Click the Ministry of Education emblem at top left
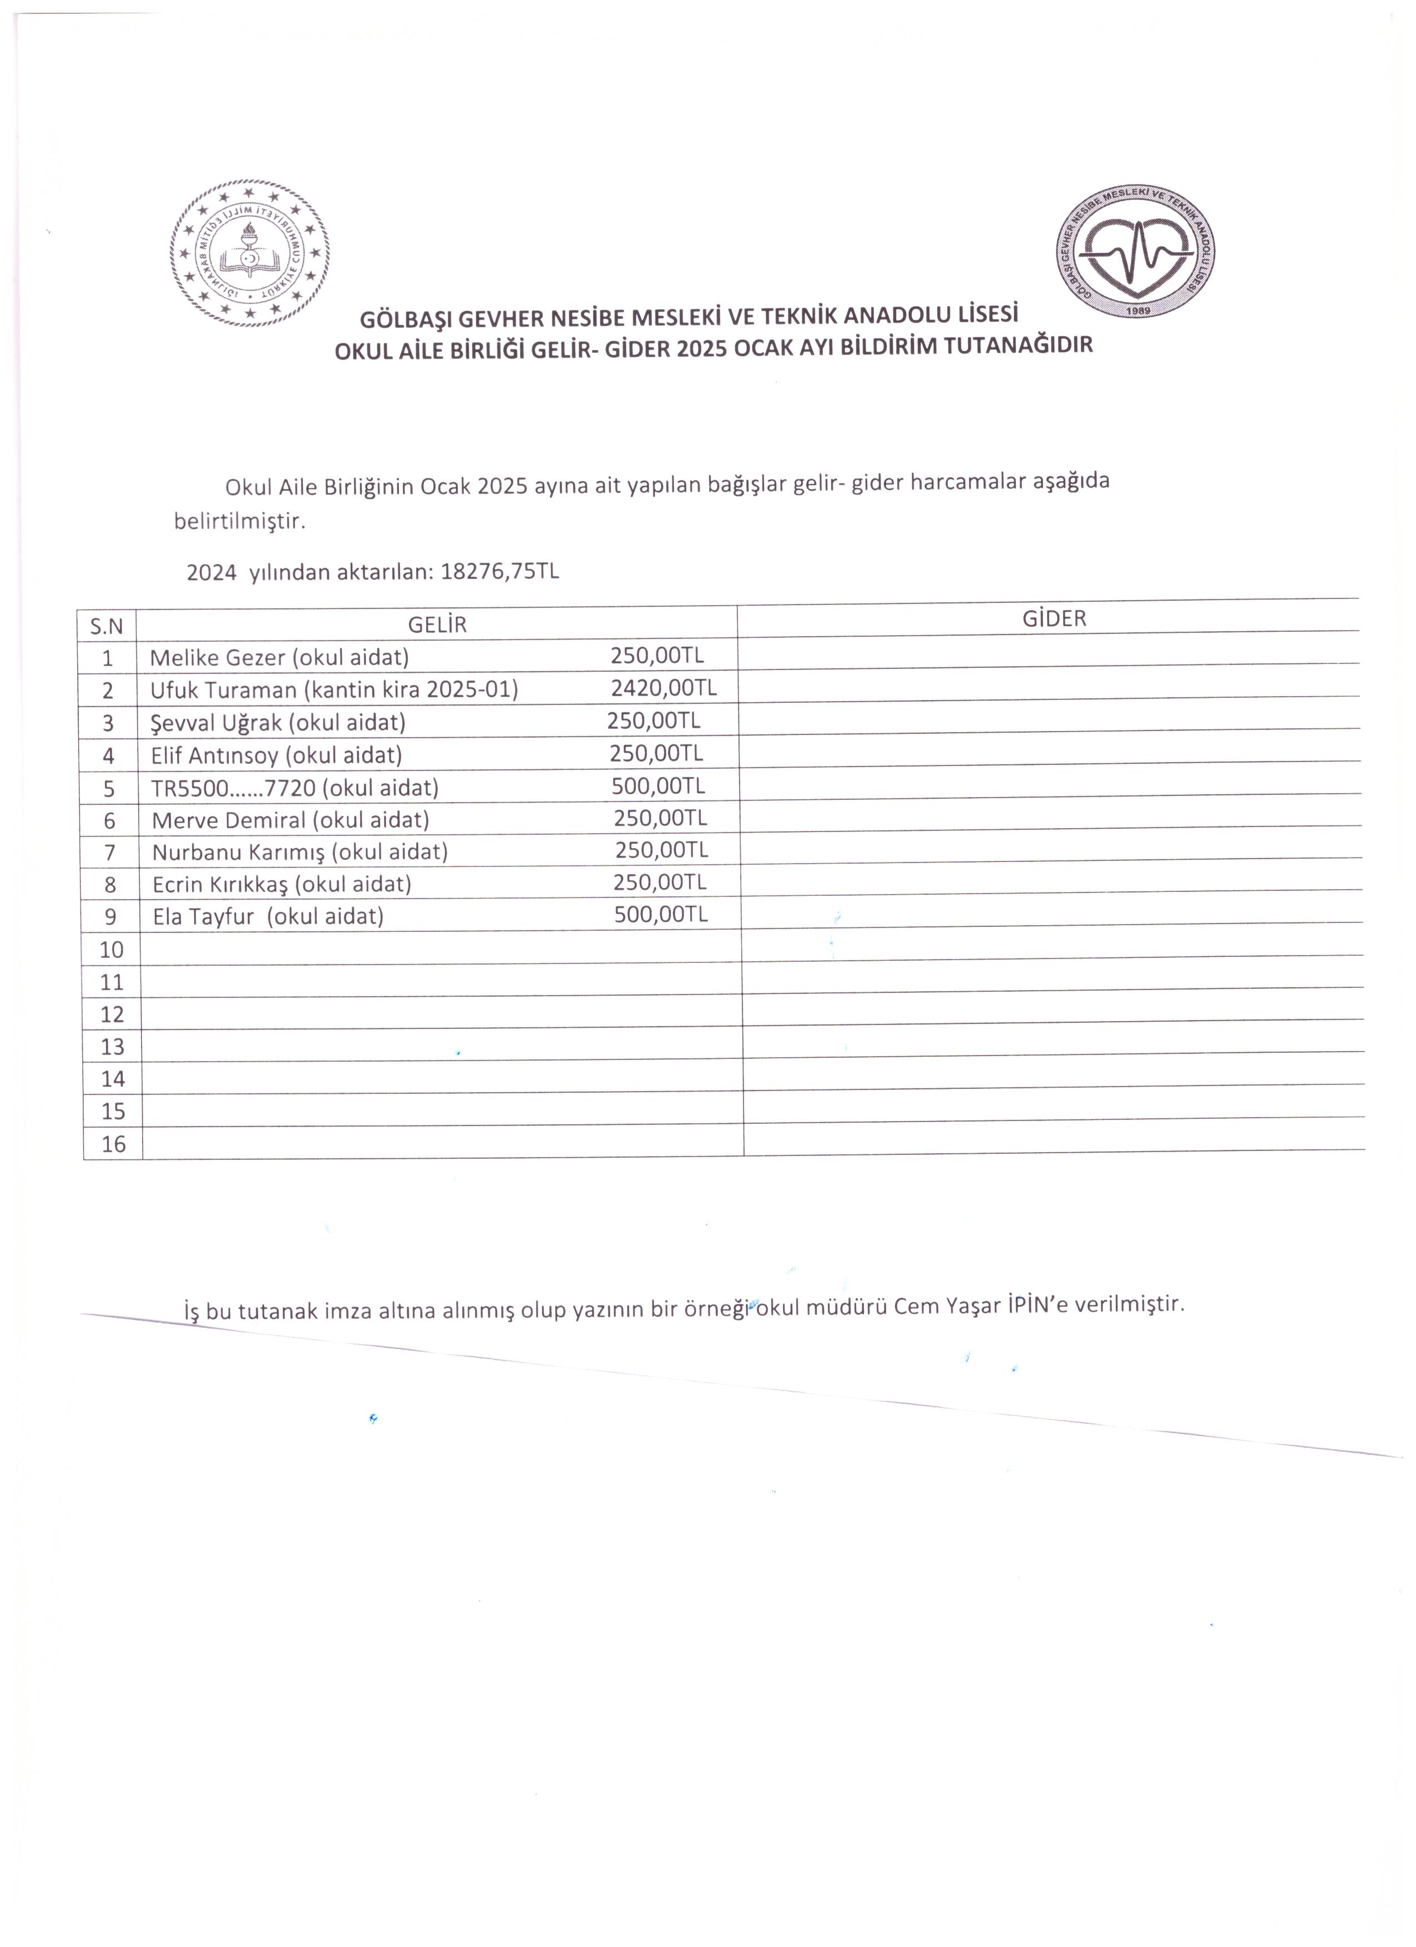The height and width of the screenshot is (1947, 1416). (250, 253)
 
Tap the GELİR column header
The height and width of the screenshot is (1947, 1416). (437, 624)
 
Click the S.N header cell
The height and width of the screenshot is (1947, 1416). (107, 627)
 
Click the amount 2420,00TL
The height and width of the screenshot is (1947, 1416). (664, 688)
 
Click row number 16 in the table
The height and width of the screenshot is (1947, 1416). (113, 1144)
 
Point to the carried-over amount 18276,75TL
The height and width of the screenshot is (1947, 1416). (499, 572)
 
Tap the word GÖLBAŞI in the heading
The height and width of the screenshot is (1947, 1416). (405, 320)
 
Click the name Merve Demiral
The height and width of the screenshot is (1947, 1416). (229, 820)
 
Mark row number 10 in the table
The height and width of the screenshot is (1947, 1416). (112, 950)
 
